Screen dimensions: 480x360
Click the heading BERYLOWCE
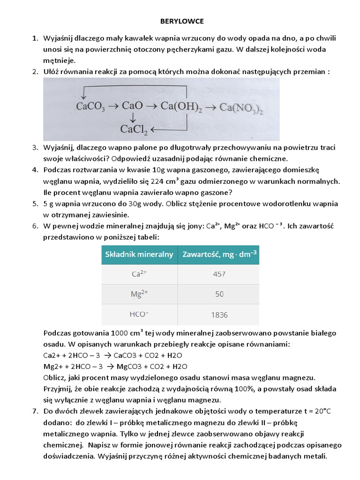pyautogui.click(x=180, y=22)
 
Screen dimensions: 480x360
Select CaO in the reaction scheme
pyautogui.click(x=132, y=106)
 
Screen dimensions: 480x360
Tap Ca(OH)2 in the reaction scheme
pyautogui.click(x=181, y=107)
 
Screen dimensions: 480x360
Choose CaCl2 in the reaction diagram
pyautogui.click(x=134, y=129)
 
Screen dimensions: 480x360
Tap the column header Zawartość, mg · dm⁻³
pyautogui.click(x=218, y=255)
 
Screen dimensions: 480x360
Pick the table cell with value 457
pyautogui.click(x=219, y=274)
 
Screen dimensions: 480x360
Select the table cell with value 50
pyautogui.click(x=219, y=294)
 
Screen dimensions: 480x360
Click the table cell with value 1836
pyautogui.click(x=219, y=315)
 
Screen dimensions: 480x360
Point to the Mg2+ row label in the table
pyautogui.click(x=139, y=294)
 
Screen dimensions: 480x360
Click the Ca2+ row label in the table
pyautogui.click(x=139, y=274)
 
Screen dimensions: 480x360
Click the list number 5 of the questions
pyautogui.click(x=35, y=203)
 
